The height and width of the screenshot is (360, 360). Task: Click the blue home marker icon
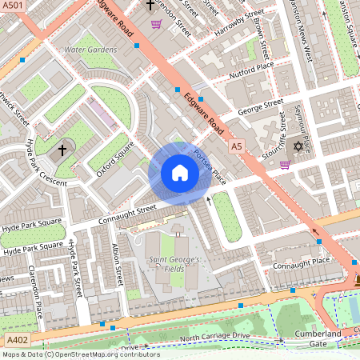point(180,173)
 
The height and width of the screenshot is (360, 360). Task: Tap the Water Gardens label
point(90,50)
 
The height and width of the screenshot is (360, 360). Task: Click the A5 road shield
point(235,147)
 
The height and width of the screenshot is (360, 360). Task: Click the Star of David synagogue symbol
point(299,146)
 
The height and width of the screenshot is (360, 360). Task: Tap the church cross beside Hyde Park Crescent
point(62,150)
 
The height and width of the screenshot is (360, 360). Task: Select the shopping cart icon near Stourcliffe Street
point(285,165)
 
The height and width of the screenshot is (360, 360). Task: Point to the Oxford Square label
point(113,150)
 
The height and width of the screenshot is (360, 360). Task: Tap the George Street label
point(261,106)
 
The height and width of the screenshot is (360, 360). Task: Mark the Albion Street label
point(118,264)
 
